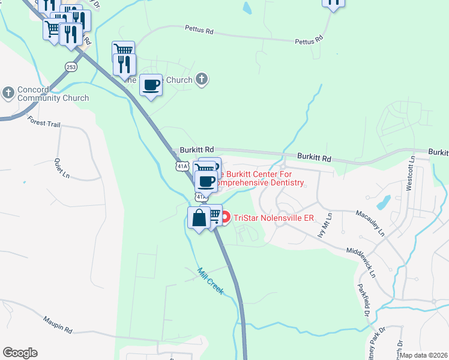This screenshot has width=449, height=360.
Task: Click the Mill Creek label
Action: [x=211, y=280]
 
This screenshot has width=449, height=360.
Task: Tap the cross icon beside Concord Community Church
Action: [x=8, y=92]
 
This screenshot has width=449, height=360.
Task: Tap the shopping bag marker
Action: [x=199, y=218]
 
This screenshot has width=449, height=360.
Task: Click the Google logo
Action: [x=20, y=353]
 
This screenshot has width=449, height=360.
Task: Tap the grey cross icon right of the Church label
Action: [x=202, y=79]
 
